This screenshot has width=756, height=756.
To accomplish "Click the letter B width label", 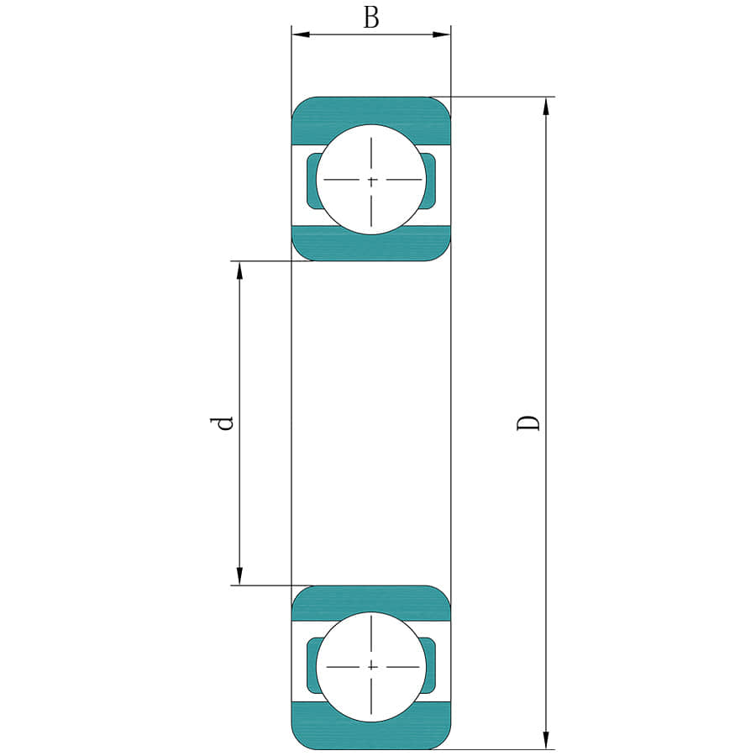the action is point(370,18).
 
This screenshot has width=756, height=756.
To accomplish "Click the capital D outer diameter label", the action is point(528,423).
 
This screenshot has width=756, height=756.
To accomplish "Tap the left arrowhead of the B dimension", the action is point(301,34).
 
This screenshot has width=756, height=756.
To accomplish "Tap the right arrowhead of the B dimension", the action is point(442,34).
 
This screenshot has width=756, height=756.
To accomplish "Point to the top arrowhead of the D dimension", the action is point(546,106).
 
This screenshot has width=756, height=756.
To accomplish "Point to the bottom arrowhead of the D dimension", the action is point(546,740).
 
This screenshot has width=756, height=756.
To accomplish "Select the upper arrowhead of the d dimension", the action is point(239,270).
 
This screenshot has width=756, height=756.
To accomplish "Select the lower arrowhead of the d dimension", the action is point(239,576).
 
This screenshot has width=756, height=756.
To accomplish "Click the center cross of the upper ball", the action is point(371,181).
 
